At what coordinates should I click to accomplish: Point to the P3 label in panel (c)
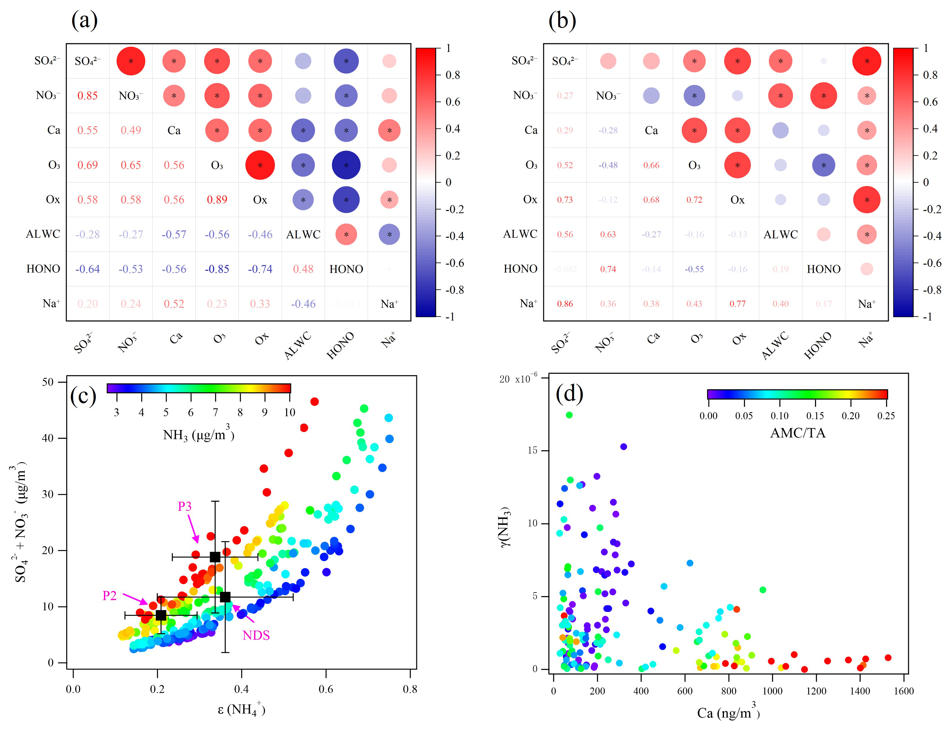point(185,506)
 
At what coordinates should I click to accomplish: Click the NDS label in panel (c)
point(256,636)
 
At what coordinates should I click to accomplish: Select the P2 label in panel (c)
point(110,596)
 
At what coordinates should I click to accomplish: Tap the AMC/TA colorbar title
point(797,433)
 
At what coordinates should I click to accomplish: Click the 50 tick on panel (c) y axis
point(48,382)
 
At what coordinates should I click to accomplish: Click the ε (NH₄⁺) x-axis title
point(241,710)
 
